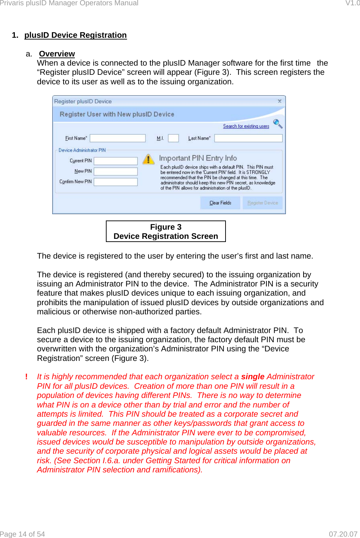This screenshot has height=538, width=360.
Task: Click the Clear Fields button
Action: (x=220, y=203)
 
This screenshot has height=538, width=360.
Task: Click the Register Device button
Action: (x=263, y=203)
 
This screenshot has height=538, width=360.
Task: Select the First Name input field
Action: (x=118, y=138)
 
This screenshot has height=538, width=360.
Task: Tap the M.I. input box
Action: (x=173, y=138)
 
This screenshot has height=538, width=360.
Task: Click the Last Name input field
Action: (x=248, y=138)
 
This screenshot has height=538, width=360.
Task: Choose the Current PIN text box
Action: (x=115, y=161)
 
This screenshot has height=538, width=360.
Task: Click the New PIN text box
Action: (x=115, y=171)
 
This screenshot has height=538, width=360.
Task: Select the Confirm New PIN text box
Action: (x=115, y=182)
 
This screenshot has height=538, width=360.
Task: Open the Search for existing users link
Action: (x=246, y=126)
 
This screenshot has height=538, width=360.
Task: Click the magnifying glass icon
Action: (x=278, y=123)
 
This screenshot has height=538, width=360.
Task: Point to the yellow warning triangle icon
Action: (x=149, y=159)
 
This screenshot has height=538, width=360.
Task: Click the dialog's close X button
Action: (x=280, y=101)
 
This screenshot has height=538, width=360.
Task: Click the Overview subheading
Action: (x=57, y=54)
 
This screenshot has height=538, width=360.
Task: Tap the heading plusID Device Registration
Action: (x=75, y=35)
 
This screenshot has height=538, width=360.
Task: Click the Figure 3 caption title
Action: (x=166, y=227)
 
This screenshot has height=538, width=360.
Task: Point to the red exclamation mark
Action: (x=26, y=377)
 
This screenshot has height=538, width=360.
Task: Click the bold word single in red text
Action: (x=253, y=377)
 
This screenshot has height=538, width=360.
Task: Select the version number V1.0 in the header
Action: (x=352, y=3)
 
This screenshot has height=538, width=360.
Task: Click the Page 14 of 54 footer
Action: (x=23, y=534)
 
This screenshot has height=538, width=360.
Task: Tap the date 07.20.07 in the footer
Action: (x=343, y=534)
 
